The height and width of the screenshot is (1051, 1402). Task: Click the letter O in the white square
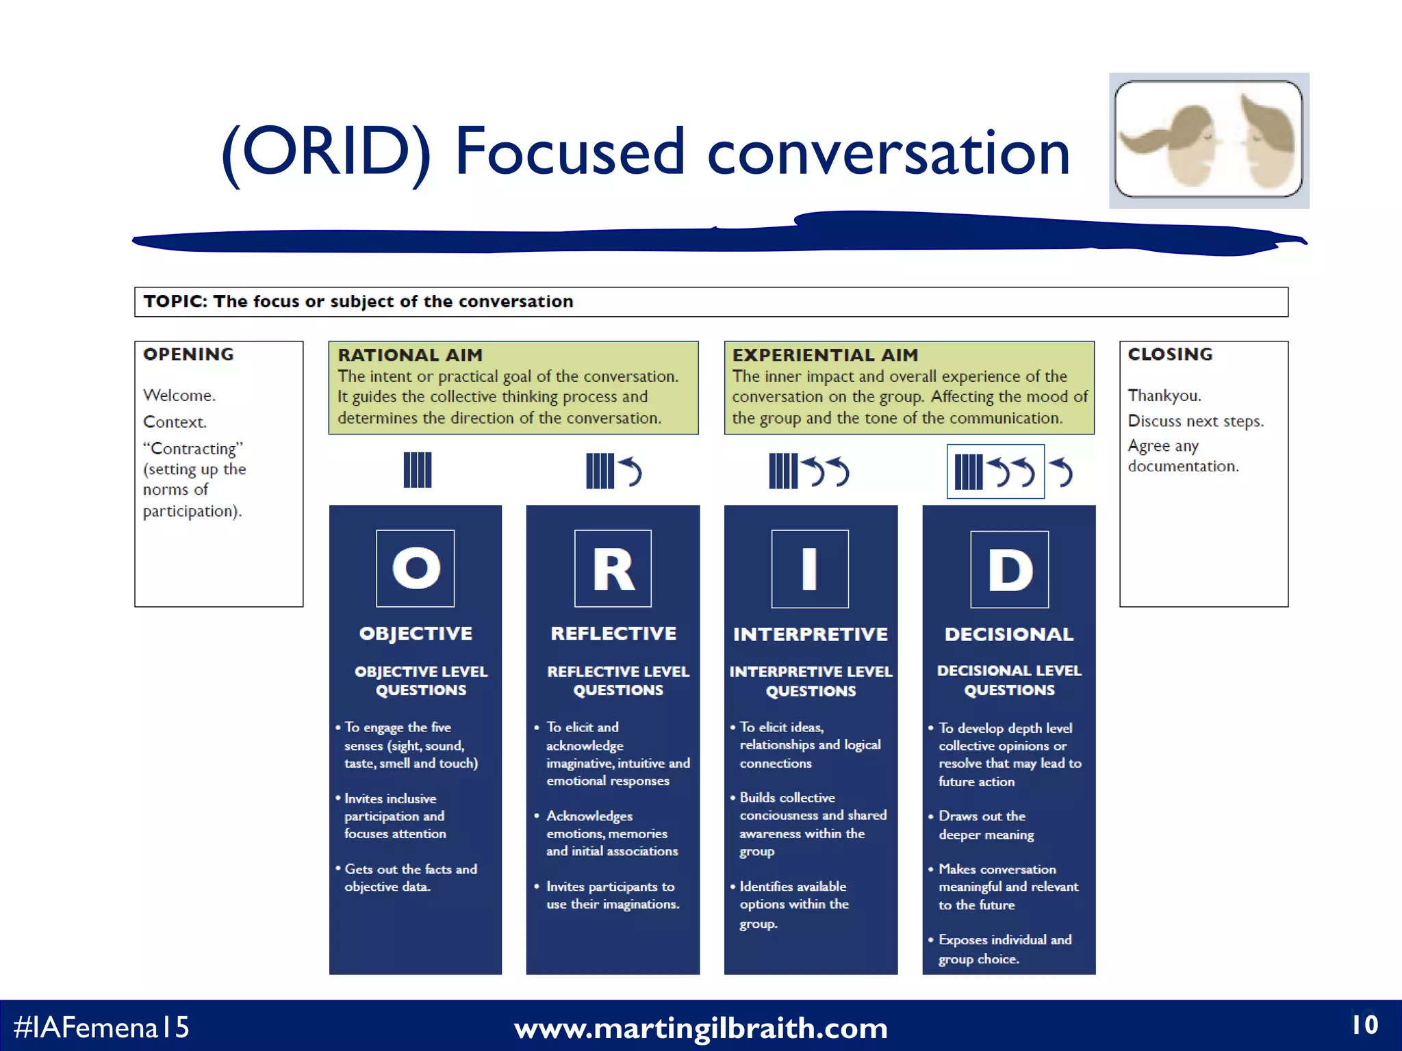click(416, 568)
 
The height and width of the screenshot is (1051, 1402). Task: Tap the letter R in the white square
click(613, 569)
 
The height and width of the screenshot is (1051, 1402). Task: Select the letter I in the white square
click(810, 569)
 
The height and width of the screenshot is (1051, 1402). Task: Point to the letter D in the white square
click(1010, 570)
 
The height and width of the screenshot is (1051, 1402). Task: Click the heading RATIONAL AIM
click(410, 355)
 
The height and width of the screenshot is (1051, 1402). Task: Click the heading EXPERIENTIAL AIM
click(825, 355)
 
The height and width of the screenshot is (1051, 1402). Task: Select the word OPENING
click(188, 354)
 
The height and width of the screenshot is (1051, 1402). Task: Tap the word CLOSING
click(1170, 354)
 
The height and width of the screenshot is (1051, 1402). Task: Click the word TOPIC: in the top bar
click(175, 302)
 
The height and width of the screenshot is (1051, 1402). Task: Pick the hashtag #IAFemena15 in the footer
click(101, 1027)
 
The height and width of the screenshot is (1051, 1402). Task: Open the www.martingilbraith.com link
click(700, 1028)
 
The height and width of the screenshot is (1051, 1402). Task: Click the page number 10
click(1364, 1024)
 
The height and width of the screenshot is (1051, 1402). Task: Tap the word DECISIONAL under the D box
click(1009, 634)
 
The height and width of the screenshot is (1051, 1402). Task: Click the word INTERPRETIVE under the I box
click(811, 634)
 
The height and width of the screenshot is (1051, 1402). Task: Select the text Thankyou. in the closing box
click(1164, 395)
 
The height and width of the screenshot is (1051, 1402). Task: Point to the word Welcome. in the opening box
click(179, 395)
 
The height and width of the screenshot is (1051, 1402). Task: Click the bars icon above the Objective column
click(418, 470)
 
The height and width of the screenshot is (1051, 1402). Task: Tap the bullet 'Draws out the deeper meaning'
click(986, 825)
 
